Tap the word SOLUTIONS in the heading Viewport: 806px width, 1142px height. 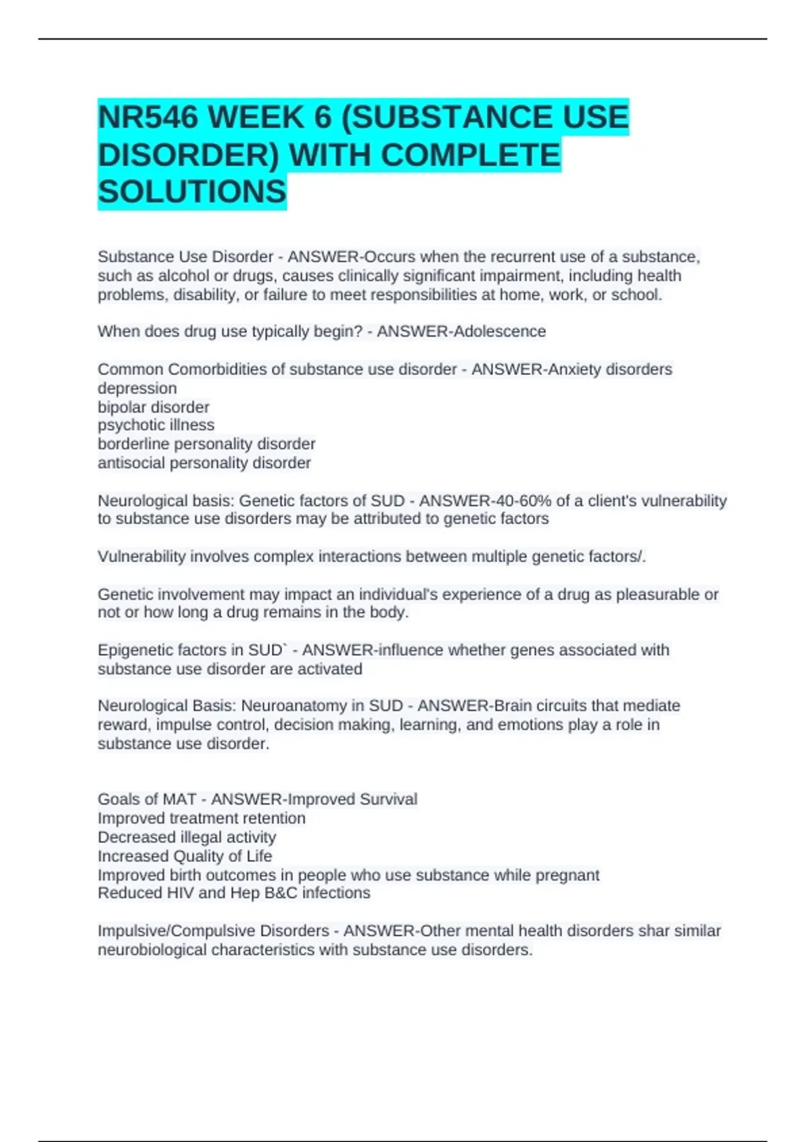pyautogui.click(x=192, y=192)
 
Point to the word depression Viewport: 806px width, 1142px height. pyautogui.click(x=137, y=388)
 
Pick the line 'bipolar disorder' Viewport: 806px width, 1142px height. pyautogui.click(x=153, y=407)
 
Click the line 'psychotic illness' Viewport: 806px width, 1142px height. pyautogui.click(x=156, y=425)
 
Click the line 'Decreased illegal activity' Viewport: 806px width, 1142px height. pyautogui.click(x=187, y=837)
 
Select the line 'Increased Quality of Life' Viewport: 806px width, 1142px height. pyautogui.click(x=185, y=856)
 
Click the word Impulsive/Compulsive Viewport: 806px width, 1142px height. pyautogui.click(x=177, y=931)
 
